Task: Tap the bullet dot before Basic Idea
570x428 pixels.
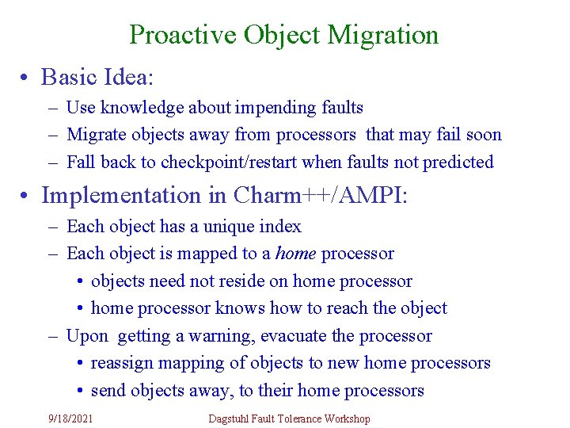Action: [26, 78]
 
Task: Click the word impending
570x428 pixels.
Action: [259, 108]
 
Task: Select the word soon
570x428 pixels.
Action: [484, 135]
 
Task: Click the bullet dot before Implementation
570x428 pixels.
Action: [26, 195]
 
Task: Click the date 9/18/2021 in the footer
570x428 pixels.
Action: [70, 418]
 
